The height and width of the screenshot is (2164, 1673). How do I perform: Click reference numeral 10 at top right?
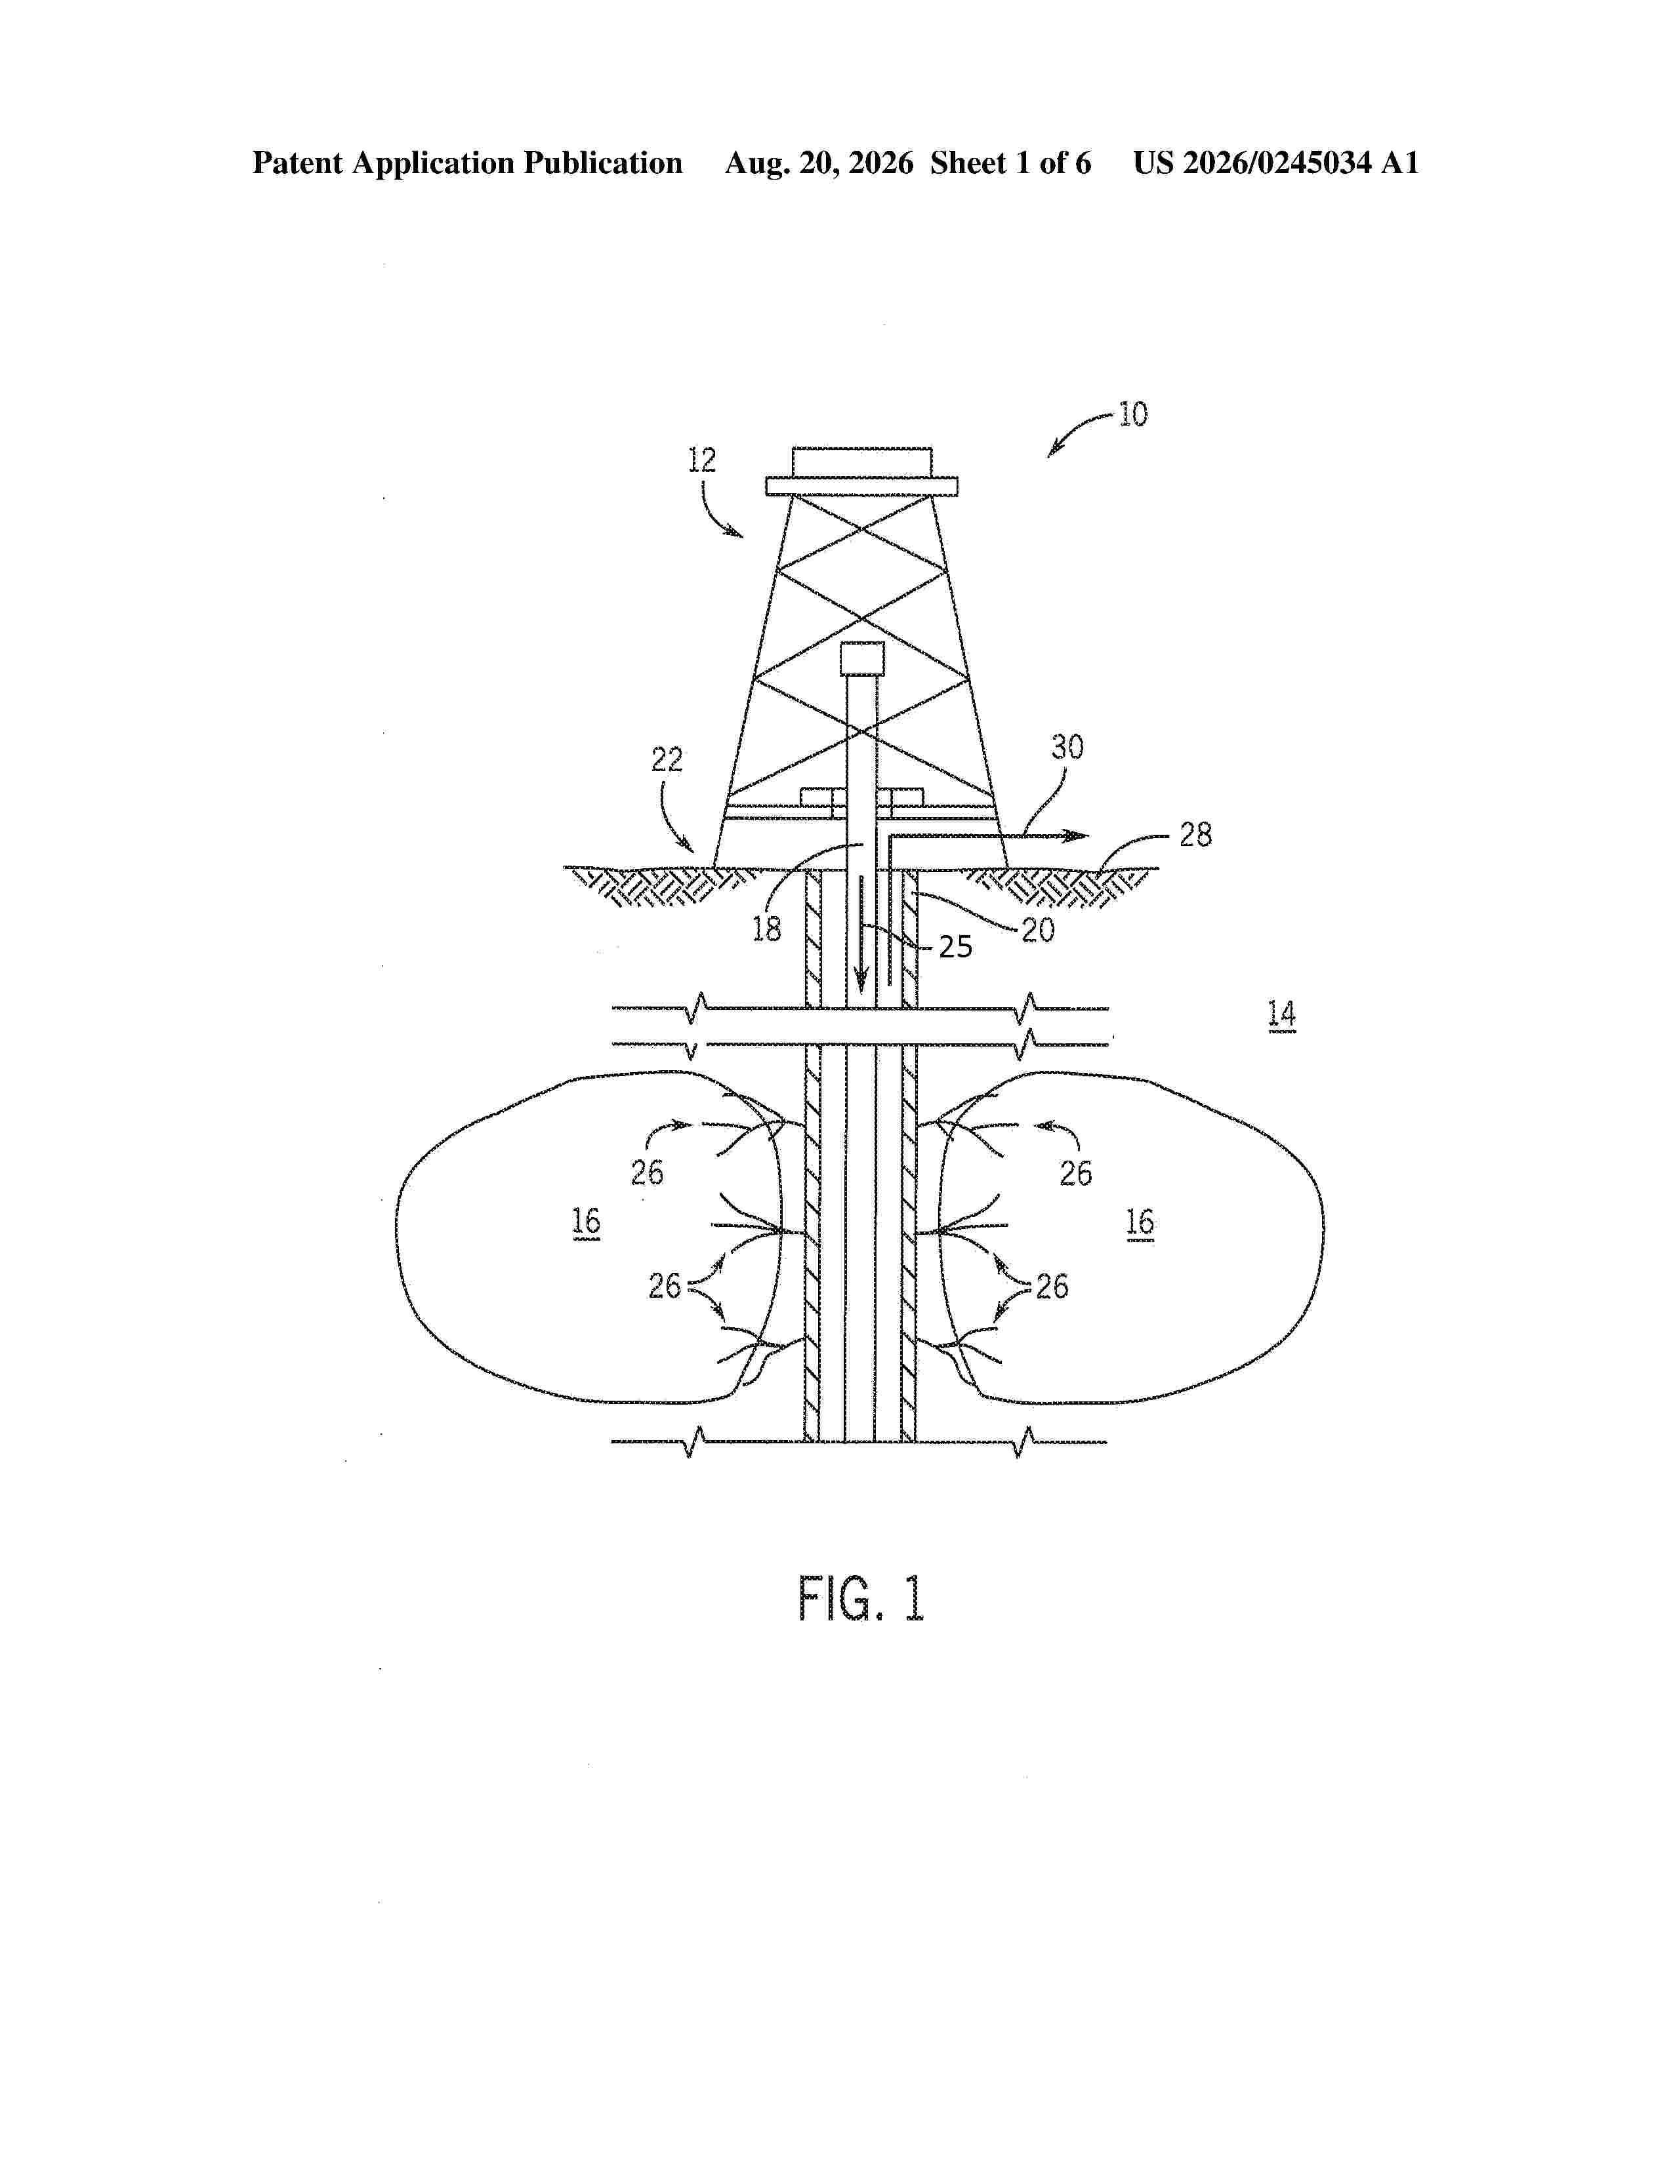pyautogui.click(x=1133, y=414)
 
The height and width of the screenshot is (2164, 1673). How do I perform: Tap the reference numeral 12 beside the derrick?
pyautogui.click(x=702, y=460)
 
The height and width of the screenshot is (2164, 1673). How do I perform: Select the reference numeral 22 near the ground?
pyautogui.click(x=667, y=760)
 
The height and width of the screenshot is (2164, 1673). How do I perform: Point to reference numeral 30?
pyautogui.click(x=1067, y=747)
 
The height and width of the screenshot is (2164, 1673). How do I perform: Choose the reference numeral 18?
pyautogui.click(x=766, y=929)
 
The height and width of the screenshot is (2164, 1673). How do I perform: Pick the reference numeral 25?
pyautogui.click(x=955, y=948)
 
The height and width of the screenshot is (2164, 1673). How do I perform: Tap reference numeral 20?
pyautogui.click(x=1038, y=929)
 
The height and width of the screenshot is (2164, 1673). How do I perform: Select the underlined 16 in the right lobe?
pyautogui.click(x=1140, y=1223)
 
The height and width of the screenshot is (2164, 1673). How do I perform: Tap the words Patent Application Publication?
pyautogui.click(x=467, y=163)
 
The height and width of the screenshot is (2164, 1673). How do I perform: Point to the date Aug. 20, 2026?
pyautogui.click(x=819, y=163)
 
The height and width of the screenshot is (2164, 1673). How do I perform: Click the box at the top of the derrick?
pyautogui.click(x=862, y=462)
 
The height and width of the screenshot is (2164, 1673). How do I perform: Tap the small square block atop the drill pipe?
pyautogui.click(x=862, y=658)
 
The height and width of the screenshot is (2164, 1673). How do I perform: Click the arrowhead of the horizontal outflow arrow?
pyautogui.click(x=1077, y=836)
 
